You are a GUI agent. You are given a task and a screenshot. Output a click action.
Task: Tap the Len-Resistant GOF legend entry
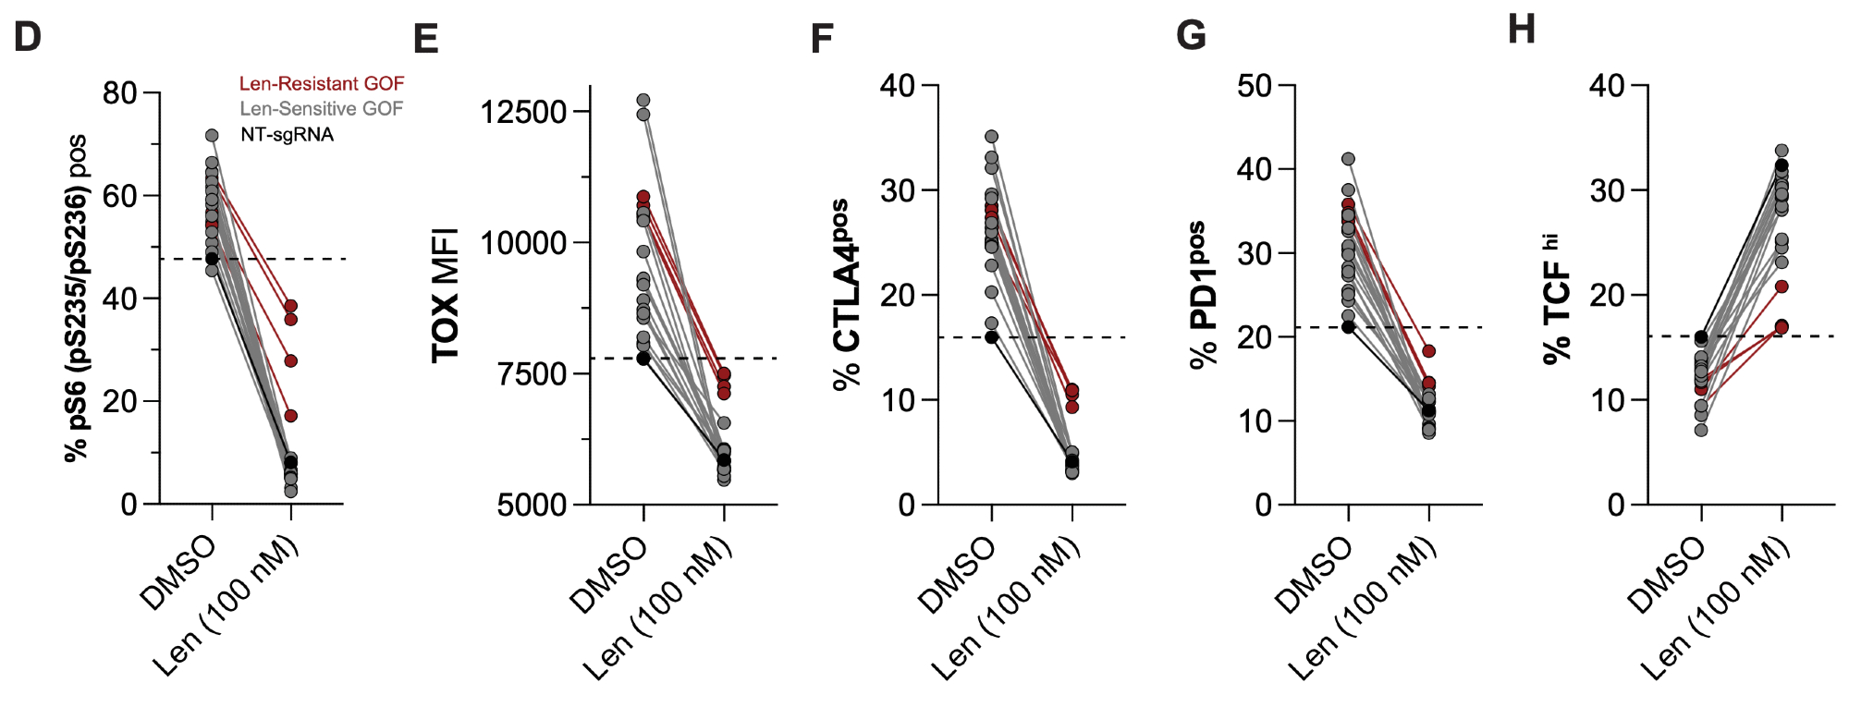pyautogui.click(x=321, y=84)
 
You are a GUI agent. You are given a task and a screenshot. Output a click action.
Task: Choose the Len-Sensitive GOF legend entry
pyautogui.click(x=321, y=109)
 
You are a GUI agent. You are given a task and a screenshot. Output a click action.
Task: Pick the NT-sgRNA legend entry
pyautogui.click(x=287, y=135)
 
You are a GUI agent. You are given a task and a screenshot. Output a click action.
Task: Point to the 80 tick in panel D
pyautogui.click(x=120, y=93)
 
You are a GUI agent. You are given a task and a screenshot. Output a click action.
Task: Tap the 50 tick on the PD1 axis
pyautogui.click(x=1255, y=86)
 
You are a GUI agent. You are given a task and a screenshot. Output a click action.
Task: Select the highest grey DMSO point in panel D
pyautogui.click(x=212, y=136)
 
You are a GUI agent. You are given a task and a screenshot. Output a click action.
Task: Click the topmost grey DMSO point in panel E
pyautogui.click(x=643, y=100)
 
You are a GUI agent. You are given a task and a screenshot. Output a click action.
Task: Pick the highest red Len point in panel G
pyautogui.click(x=1429, y=351)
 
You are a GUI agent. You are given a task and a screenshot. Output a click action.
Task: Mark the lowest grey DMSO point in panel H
pyautogui.click(x=1701, y=430)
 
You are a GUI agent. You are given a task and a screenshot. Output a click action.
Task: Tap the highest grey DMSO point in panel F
pyautogui.click(x=992, y=137)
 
